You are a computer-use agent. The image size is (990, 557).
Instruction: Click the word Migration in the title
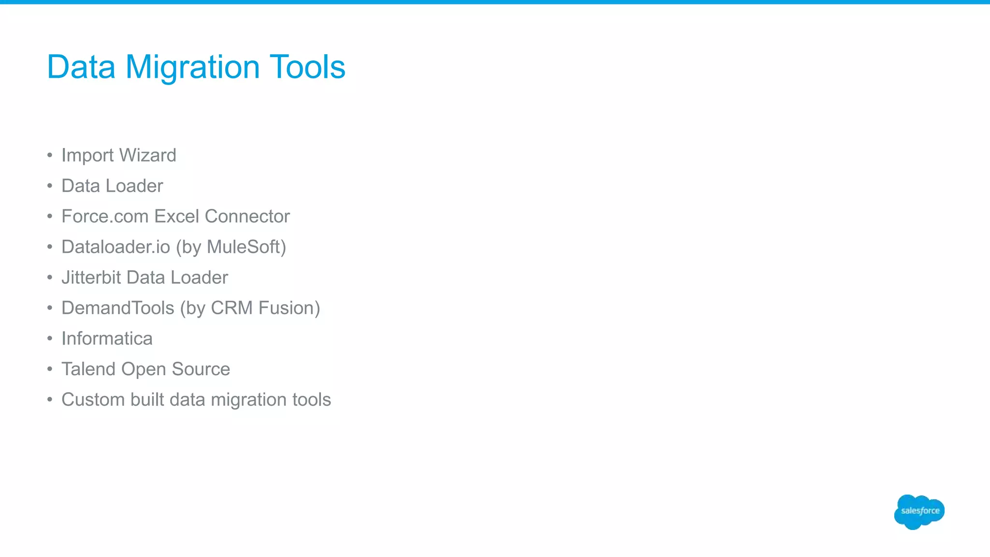(x=192, y=68)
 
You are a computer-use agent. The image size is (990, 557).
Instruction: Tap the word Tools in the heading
(x=307, y=67)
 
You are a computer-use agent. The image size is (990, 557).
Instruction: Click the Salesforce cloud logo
(x=919, y=512)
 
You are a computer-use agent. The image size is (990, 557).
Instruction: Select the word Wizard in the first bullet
(x=147, y=155)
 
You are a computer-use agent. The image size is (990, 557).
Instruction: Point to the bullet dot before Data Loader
(x=50, y=186)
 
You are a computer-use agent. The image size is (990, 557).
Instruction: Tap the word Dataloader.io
(x=116, y=247)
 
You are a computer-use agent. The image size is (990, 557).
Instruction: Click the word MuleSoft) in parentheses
(x=246, y=247)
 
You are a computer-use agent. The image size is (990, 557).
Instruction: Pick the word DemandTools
(x=117, y=308)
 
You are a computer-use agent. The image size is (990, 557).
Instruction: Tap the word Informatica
(x=107, y=338)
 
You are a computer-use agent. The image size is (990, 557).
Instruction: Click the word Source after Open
(x=201, y=369)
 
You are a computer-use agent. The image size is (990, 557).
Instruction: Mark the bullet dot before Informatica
(x=50, y=339)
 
